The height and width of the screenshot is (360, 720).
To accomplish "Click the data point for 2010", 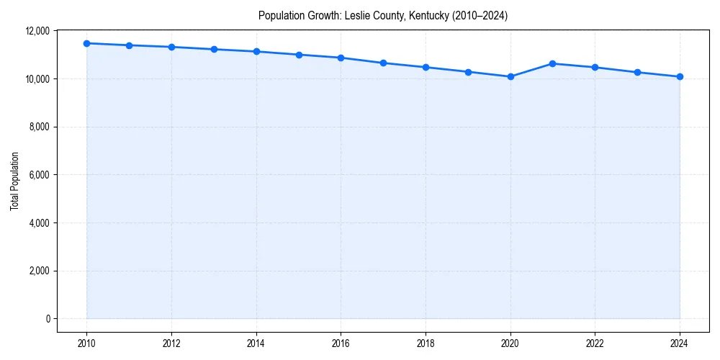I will coord(86,43).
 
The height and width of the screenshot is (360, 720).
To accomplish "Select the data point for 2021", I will coord(552,63).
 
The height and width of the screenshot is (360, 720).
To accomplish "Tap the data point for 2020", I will coord(510,76).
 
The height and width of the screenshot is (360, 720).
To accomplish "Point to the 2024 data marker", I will coord(680,76).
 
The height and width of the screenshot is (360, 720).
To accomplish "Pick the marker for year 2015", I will coord(299,55).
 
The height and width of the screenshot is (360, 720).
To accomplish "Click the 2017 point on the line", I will coord(383,63).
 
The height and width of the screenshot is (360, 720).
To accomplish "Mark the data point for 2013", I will coord(214,49).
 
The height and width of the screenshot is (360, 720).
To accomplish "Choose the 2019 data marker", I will coord(468,72).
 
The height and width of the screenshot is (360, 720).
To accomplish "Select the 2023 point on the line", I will coord(637,72).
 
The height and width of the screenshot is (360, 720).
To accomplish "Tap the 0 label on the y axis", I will coord(48,319).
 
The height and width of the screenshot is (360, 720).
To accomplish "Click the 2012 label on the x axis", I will coord(171,343).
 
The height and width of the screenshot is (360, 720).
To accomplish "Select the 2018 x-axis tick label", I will coord(426,343).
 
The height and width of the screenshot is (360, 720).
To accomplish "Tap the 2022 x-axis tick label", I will coord(595,343).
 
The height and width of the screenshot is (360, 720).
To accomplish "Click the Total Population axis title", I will coord(14,181).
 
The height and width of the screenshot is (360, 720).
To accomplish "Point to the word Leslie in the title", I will coord(358,16).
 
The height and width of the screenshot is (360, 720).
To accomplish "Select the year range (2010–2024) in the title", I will coord(480,16).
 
